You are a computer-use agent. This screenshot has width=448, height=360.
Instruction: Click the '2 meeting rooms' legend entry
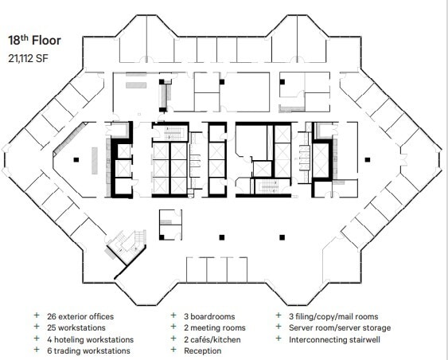(x=214, y=327)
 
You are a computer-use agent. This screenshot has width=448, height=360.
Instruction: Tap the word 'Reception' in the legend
(x=203, y=350)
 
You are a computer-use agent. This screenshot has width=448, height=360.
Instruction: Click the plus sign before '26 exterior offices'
(x=37, y=315)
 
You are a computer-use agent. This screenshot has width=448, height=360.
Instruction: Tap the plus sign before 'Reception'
(x=173, y=350)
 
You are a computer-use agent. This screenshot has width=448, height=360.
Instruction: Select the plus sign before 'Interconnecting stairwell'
(x=279, y=339)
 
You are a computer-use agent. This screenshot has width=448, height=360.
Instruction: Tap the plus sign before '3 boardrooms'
(x=173, y=315)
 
